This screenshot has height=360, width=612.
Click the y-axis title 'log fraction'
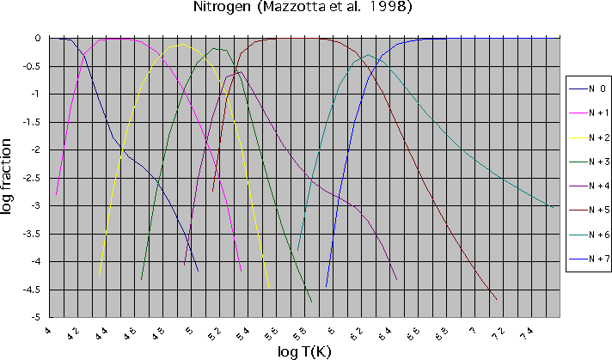[11, 177]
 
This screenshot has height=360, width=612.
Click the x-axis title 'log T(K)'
[307, 350]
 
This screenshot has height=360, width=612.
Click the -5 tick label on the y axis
[37, 317]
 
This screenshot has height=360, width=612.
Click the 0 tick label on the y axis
[39, 39]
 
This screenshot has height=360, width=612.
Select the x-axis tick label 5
[187, 327]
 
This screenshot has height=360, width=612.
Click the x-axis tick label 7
[469, 327]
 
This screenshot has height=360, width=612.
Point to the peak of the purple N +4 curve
[238, 72]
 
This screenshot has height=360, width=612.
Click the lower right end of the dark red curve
[496, 299]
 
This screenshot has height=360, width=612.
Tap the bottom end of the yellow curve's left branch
[101, 273]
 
